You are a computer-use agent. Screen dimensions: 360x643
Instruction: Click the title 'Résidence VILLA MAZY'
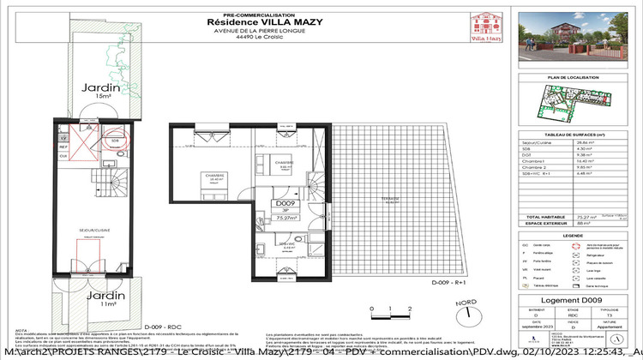(261, 23)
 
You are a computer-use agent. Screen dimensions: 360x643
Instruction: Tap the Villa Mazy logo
(485, 28)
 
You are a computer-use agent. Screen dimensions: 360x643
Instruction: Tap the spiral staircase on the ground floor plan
(106, 181)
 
